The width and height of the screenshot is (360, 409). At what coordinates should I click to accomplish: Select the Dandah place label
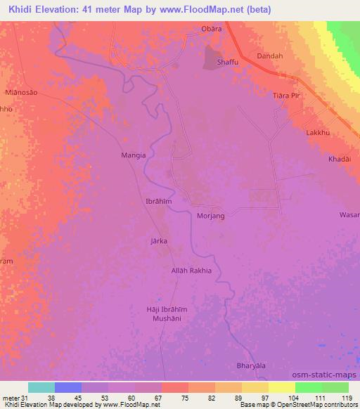click(270, 56)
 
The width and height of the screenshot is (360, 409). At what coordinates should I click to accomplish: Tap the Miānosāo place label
click(20, 92)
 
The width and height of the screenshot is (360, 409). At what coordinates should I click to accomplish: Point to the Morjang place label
click(211, 216)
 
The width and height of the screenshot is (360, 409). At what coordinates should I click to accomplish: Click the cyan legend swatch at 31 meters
click(41, 387)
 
